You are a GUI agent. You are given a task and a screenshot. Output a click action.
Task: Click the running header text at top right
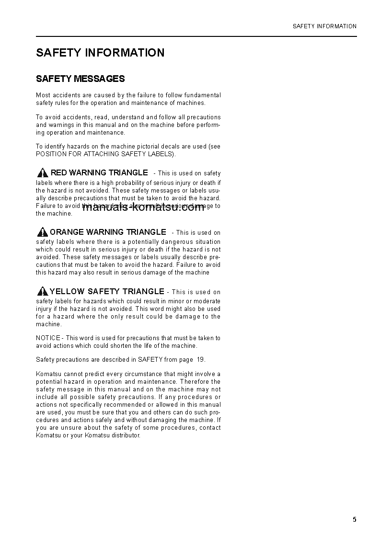[x=324, y=26]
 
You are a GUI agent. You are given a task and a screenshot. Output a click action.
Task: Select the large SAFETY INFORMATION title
[x=100, y=53]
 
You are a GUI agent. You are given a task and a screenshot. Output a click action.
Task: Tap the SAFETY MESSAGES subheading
[x=81, y=79]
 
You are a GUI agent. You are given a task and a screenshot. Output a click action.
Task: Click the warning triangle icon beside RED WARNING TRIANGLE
[x=43, y=173]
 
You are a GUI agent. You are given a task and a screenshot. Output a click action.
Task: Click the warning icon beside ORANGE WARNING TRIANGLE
[x=42, y=232]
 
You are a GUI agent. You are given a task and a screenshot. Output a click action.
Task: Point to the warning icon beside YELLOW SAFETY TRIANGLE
[x=42, y=291]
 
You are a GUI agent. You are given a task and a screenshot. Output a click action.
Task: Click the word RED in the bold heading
[x=58, y=172]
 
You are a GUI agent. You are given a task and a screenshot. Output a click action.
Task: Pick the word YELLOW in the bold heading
[x=67, y=291]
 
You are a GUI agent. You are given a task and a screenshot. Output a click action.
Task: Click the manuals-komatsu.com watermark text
[x=144, y=207]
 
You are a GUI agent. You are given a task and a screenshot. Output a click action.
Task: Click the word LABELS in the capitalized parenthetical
[x=162, y=154]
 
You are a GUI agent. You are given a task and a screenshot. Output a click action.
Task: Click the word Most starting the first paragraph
[x=43, y=95]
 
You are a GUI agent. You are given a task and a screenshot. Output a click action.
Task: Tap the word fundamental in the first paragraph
[x=202, y=95]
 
